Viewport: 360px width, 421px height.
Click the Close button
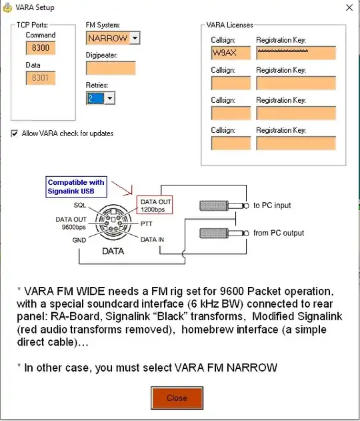pos(177,398)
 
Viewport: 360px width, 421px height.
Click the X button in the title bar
pos(348,8)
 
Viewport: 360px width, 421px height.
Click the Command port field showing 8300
pos(41,48)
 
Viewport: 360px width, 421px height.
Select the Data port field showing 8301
pos(41,78)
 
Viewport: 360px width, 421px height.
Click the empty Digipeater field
pos(111,68)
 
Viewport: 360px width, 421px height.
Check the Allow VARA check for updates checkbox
pos(15,133)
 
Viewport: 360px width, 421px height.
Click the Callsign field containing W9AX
pos(231,53)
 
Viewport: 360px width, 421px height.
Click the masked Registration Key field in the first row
pos(296,53)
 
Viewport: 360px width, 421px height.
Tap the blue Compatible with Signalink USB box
pos(77,187)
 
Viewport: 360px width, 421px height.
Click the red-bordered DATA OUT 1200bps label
pos(155,205)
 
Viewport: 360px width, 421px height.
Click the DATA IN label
pos(152,238)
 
